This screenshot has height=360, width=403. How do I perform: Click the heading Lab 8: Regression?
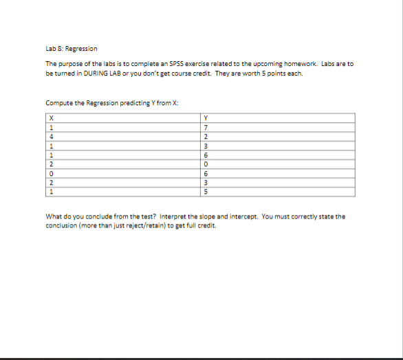[72, 49]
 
